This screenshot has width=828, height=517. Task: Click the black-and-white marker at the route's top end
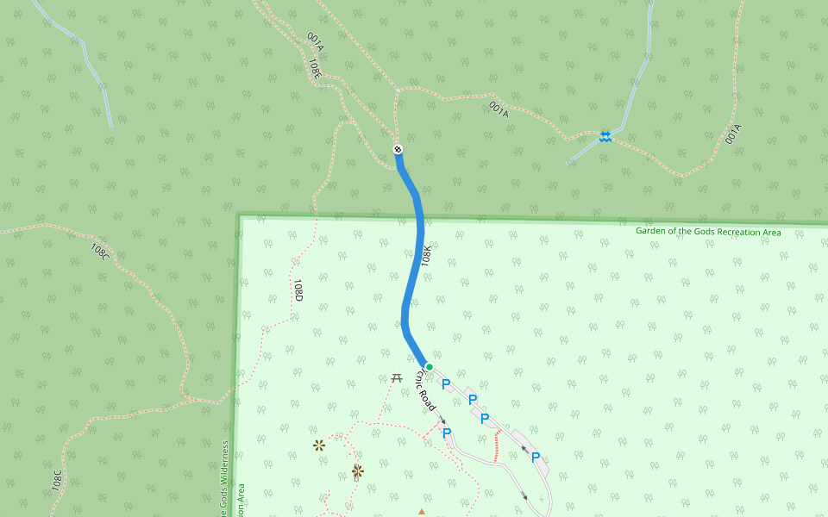point(398,150)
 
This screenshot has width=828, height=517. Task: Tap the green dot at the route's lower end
point(429,367)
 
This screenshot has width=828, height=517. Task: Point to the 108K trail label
point(427,254)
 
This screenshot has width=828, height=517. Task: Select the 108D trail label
point(298,290)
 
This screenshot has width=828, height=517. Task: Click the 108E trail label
point(316,68)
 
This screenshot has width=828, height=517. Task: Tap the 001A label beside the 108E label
point(315,41)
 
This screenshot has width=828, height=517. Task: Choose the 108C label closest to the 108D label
point(100,252)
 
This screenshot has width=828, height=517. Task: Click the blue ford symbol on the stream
point(605,136)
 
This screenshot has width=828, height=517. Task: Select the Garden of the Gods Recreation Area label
point(708,232)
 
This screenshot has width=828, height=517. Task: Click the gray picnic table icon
point(397,378)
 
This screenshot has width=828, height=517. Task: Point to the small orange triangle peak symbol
point(422,512)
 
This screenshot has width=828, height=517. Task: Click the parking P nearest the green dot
point(446,384)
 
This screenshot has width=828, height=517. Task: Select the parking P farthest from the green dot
point(536,458)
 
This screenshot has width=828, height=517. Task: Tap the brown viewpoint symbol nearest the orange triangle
point(357,471)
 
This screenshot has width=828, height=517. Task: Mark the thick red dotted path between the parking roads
point(496,445)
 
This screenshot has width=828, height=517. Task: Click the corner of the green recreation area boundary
point(239,216)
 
